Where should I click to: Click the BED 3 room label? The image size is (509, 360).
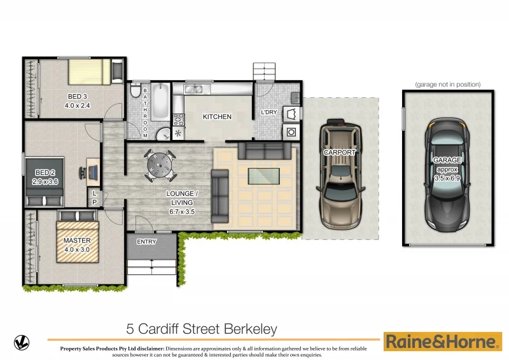[77, 96]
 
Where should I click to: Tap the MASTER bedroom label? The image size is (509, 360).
[76, 240]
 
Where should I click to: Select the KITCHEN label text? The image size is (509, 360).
[217, 117]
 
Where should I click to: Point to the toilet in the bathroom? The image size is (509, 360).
[134, 92]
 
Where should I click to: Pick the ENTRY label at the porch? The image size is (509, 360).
[146, 242]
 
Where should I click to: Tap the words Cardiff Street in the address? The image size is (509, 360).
[180, 329]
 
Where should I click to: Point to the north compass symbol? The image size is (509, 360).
[22, 342]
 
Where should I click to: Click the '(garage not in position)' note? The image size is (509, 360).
[447, 84]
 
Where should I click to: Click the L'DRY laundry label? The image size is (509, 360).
[268, 113]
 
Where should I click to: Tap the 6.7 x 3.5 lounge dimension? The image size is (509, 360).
[183, 203]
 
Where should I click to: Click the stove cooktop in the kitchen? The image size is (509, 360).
[179, 118]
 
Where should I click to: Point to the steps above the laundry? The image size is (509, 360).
[264, 71]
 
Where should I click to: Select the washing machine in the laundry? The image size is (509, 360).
[291, 132]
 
